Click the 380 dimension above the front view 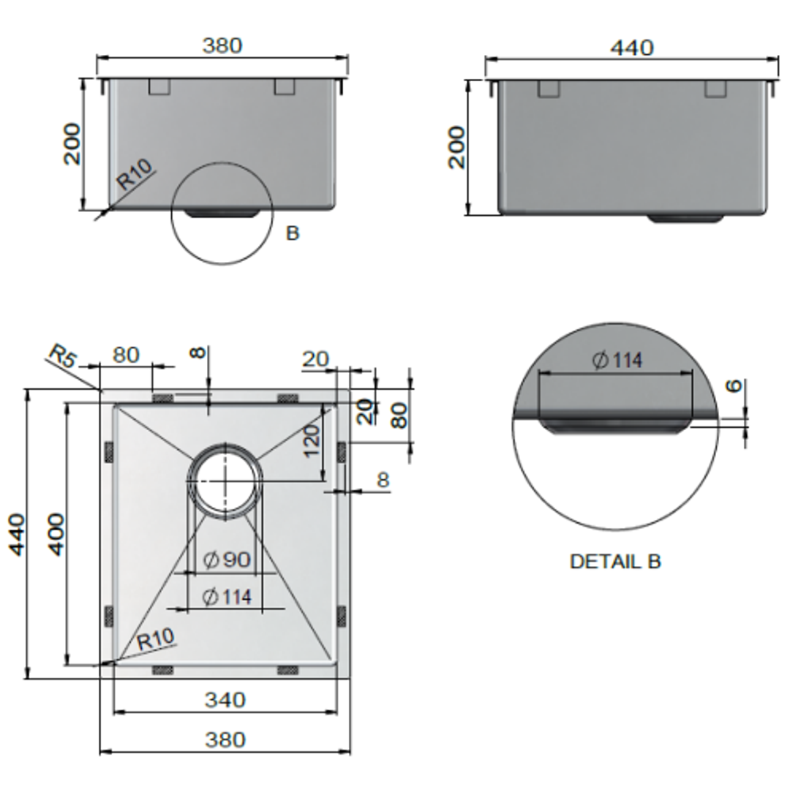pos(222,45)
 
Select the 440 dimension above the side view pos(631,48)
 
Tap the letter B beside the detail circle pos(292,234)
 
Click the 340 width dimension pos(225,700)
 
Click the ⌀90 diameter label pos(227,560)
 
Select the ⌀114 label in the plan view pos(227,597)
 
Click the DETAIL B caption pos(614,562)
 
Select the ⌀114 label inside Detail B pos(618,360)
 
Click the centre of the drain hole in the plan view pos(225,481)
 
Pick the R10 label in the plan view pos(156,640)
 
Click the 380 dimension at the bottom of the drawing pos(225,740)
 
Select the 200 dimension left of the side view pos(456,147)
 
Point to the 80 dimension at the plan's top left pos(126,355)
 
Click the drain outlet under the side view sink pos(686,218)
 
